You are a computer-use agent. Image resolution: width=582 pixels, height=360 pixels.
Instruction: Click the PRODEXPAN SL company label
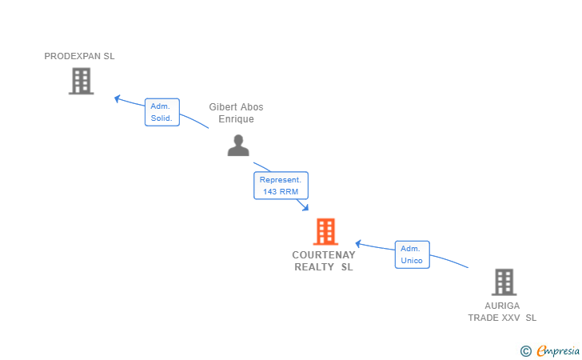tap(79, 56)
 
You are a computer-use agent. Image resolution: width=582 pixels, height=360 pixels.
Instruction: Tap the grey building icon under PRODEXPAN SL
tap(81, 81)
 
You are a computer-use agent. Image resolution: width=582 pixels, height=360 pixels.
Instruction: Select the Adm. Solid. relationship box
tap(162, 112)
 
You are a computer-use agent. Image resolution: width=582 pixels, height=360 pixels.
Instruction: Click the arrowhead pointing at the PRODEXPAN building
tap(118, 98)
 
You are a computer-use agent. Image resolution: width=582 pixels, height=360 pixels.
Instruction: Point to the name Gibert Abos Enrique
tap(236, 113)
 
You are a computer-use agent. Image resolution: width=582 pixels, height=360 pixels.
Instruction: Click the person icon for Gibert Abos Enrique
tap(238, 145)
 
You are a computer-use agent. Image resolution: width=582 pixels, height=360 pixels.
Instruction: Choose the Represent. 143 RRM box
tap(281, 186)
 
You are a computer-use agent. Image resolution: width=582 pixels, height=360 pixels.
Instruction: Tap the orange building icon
tap(325, 231)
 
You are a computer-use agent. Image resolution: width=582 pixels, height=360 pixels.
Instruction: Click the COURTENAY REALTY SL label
tap(324, 261)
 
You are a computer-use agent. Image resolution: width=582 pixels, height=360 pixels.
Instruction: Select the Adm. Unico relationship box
tap(412, 254)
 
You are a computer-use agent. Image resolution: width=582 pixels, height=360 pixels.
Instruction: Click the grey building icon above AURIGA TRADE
tap(504, 282)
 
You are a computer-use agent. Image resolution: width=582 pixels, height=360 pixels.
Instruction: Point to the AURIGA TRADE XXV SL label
tap(502, 311)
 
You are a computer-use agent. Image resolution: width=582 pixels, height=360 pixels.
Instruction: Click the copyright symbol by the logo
tap(525, 350)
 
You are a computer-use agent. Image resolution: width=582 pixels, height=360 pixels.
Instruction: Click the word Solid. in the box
tap(161, 118)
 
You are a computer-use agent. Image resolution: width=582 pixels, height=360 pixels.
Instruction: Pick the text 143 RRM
tap(281, 192)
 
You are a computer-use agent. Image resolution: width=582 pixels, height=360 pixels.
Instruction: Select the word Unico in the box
tap(412, 261)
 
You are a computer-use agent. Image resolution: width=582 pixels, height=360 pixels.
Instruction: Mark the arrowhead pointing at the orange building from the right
tap(359, 243)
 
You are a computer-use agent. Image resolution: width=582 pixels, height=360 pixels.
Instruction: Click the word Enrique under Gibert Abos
tap(236, 119)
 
